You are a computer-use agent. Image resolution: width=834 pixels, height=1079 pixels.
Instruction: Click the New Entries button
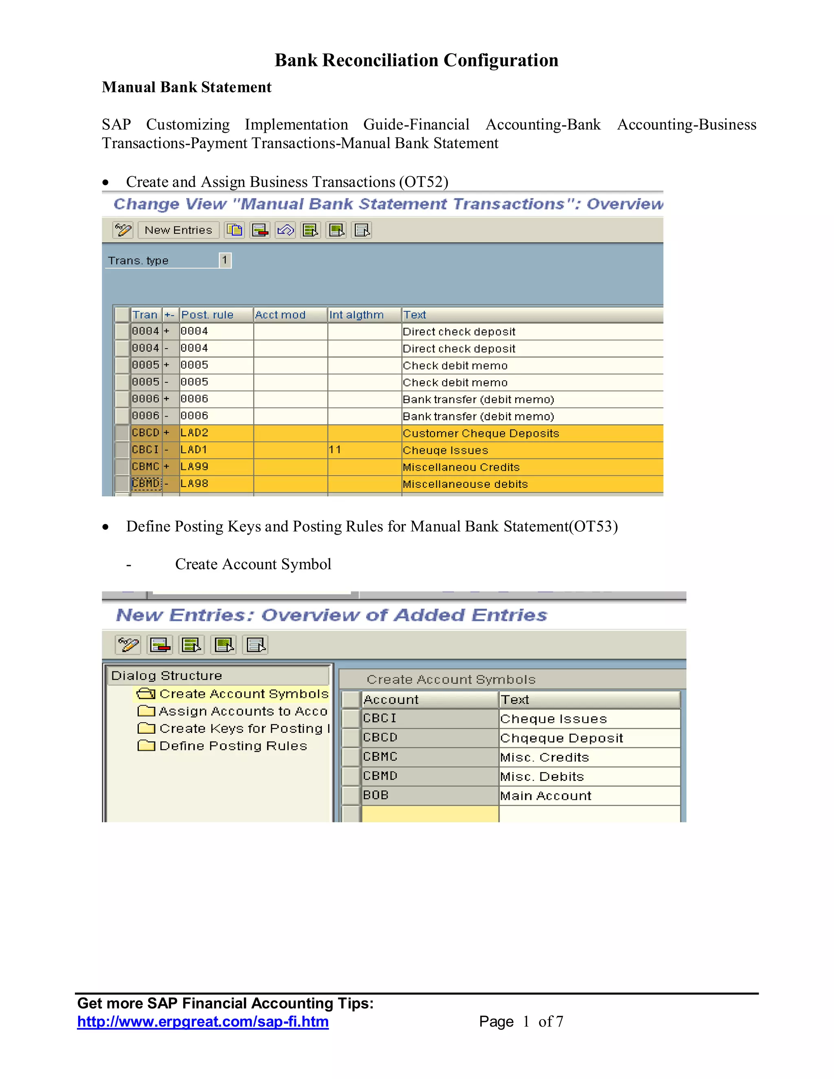click(178, 230)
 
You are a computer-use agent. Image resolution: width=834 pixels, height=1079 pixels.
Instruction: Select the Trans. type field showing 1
click(225, 260)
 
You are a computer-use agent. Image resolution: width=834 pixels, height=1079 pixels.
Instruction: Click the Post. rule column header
click(207, 315)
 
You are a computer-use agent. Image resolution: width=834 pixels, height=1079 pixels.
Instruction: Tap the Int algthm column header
click(357, 315)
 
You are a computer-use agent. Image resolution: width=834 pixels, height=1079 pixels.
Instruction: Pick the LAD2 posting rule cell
click(195, 433)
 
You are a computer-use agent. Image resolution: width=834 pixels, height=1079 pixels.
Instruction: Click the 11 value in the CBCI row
click(335, 450)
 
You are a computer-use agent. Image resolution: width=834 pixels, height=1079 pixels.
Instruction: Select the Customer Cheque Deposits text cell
click(481, 433)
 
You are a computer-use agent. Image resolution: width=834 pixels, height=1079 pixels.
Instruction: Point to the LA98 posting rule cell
click(195, 484)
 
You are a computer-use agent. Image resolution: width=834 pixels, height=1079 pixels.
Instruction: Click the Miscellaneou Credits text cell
click(461, 467)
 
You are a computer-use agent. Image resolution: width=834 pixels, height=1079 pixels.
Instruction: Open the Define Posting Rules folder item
click(233, 746)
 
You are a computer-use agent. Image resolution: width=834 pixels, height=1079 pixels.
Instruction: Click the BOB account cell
click(376, 795)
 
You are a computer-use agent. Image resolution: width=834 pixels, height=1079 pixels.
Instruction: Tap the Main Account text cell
click(545, 796)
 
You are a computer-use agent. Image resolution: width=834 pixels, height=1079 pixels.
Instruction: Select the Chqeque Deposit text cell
click(561, 738)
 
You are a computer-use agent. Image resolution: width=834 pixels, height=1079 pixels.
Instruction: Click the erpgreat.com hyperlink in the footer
click(202, 1022)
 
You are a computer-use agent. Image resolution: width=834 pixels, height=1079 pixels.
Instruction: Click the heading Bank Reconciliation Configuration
click(417, 60)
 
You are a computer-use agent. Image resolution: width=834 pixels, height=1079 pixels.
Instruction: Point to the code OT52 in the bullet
click(424, 182)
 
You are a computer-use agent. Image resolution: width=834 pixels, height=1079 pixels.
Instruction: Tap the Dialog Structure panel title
click(167, 675)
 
